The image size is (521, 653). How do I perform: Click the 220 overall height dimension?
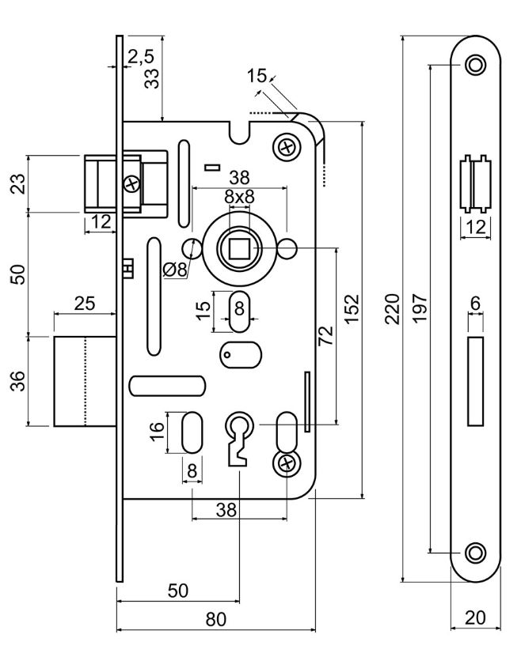click(393, 308)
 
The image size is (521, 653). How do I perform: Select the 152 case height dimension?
click(352, 308)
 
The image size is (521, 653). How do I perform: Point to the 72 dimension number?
click(326, 335)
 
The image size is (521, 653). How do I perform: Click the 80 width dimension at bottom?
click(215, 619)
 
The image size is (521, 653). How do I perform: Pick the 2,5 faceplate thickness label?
click(141, 57)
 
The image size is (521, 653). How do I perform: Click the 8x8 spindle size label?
click(239, 197)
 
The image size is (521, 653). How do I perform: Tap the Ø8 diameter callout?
click(175, 270)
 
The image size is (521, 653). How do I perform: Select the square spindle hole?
click(239, 248)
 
